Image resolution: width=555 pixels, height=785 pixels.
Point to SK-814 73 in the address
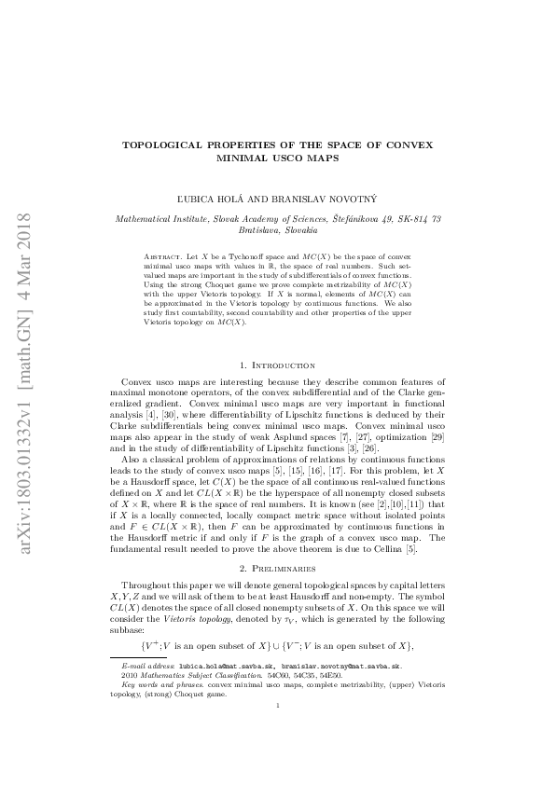[416, 218]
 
